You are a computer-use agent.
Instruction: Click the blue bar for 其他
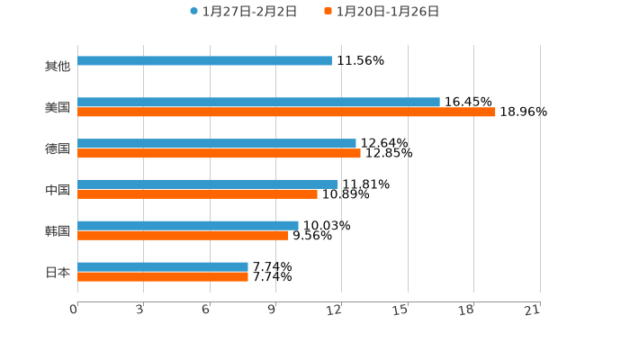[204, 61]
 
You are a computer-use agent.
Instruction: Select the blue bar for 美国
[258, 103]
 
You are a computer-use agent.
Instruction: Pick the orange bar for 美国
[286, 112]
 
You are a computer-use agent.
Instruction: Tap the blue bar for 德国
[217, 143]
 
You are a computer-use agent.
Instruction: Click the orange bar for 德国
[219, 154]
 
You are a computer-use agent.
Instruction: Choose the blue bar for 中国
[208, 184]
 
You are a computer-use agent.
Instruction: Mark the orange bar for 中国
[197, 194]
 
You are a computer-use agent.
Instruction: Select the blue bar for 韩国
[188, 226]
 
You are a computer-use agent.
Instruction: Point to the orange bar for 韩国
[183, 236]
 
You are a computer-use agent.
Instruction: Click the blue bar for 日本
[163, 266]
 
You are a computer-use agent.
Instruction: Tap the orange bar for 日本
[163, 277]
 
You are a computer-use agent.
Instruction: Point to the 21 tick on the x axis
[533, 310]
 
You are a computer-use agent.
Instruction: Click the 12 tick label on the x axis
[335, 310]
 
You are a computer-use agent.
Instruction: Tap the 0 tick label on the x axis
[74, 310]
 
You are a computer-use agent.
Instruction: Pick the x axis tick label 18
[466, 310]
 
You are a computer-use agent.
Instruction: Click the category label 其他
[58, 67]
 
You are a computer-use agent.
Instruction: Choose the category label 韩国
[58, 231]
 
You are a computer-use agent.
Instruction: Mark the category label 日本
[58, 272]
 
